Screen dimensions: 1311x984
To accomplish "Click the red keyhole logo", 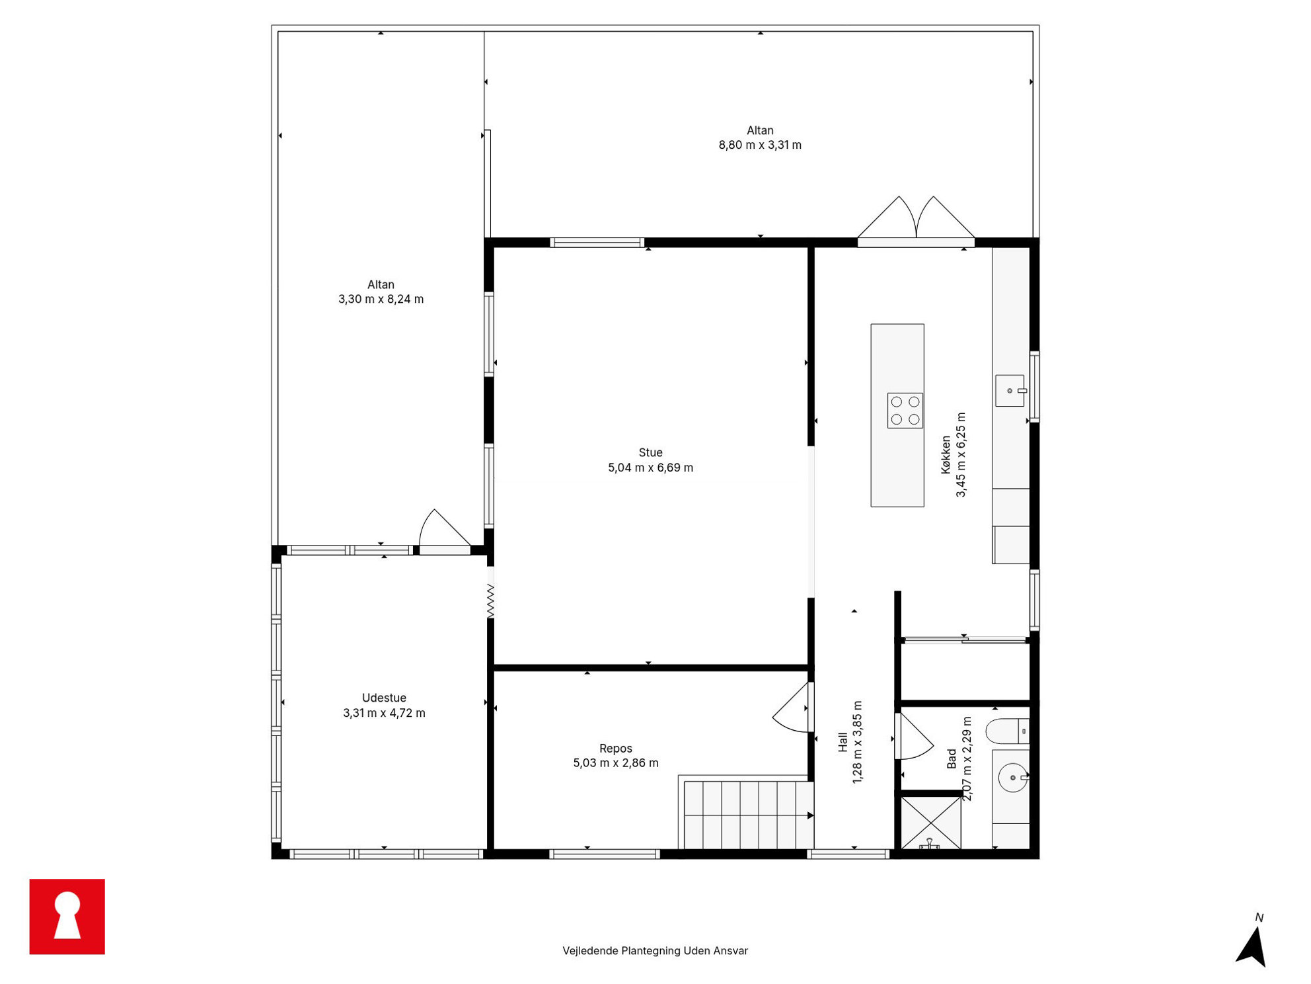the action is click(x=67, y=916).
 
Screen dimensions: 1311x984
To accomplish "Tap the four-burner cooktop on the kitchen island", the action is click(x=905, y=410).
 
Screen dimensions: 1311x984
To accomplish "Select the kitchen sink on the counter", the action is click(x=1010, y=390).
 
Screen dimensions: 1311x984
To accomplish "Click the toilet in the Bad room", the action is click(x=1007, y=731).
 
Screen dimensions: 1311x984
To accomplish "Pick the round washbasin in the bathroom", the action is click(x=1012, y=778).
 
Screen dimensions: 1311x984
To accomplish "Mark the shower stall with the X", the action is click(x=930, y=823).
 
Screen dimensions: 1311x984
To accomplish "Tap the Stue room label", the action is click(x=650, y=452).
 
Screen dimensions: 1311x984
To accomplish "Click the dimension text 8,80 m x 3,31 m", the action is click(x=760, y=145).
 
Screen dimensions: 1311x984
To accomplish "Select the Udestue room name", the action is click(x=384, y=698).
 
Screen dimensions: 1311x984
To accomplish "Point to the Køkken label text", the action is click(x=946, y=454).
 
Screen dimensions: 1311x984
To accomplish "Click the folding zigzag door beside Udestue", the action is click(x=490, y=601).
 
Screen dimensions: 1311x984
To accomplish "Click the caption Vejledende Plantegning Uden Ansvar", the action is click(x=655, y=950).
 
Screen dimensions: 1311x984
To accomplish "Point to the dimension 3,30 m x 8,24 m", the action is click(x=381, y=299).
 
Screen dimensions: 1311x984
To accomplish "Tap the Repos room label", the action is click(x=615, y=748).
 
